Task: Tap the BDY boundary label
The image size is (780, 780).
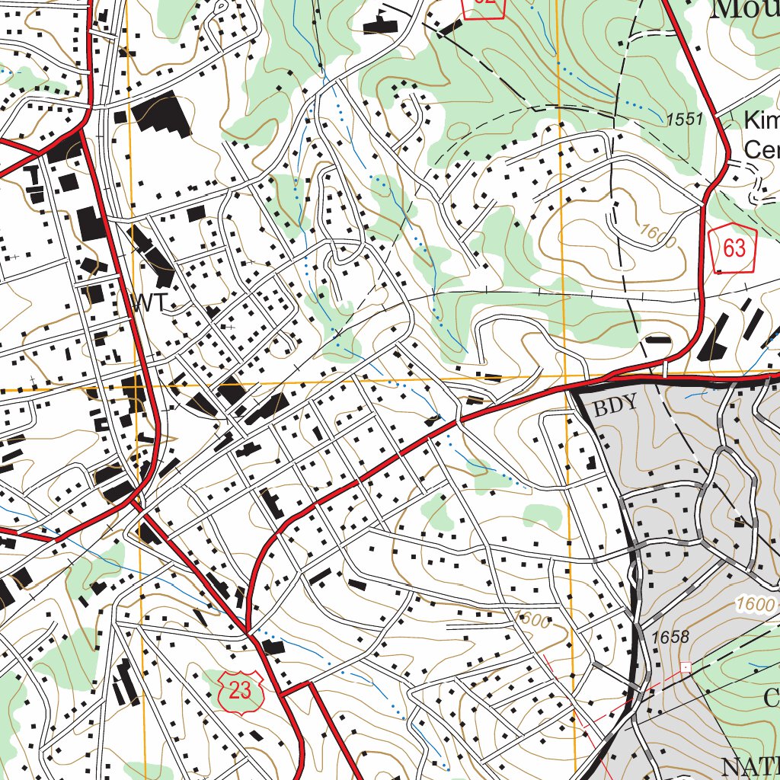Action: click(x=615, y=407)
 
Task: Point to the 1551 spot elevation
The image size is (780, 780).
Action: click(x=683, y=120)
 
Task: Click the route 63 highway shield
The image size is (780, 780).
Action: click(x=734, y=249)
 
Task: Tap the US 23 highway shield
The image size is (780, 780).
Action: click(x=239, y=689)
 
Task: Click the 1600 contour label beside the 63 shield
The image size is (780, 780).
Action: click(x=657, y=235)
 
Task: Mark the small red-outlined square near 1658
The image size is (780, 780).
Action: click(x=686, y=667)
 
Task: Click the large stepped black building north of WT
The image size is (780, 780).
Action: click(x=162, y=114)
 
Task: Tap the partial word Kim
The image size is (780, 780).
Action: click(x=760, y=120)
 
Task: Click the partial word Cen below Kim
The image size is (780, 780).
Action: click(x=760, y=149)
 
